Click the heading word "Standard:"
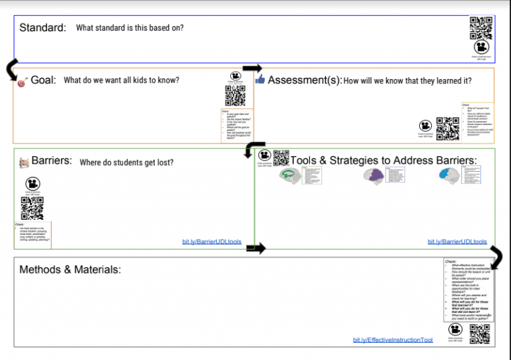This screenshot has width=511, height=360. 43,28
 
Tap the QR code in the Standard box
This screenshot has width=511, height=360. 481,27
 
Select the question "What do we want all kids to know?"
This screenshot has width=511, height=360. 121,81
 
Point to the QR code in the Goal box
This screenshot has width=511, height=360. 236,96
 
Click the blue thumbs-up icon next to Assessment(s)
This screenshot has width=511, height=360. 259,80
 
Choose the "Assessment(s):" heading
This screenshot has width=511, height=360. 305,81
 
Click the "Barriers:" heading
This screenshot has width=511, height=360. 51,161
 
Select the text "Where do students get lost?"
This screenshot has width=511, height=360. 126,162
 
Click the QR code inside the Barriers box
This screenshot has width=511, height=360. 32,208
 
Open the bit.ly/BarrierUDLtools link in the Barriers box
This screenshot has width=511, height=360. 212,241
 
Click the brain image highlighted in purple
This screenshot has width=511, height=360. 375,175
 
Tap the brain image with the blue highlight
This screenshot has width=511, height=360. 450,174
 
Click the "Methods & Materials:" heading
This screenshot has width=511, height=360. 70,270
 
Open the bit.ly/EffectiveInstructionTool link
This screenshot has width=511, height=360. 393,340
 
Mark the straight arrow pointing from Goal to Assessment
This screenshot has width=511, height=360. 252,68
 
